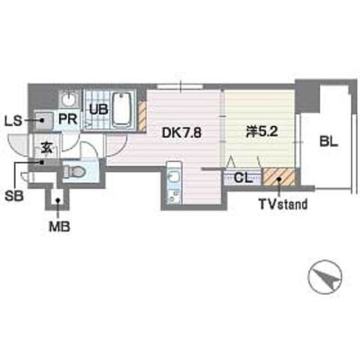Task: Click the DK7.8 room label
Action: coord(181,133)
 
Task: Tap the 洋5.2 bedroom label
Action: coord(262,131)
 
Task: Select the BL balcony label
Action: coord(328,142)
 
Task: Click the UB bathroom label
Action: coord(99,109)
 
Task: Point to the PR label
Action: coord(67,119)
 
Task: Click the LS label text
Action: coord(13,121)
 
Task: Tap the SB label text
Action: coord(14,196)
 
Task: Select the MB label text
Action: coord(59,226)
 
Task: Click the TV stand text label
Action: coord(283,204)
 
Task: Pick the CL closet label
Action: coord(243,178)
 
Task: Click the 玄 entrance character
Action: coord(47,148)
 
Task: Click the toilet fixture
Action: coord(74,172)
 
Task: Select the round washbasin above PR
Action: coord(68,100)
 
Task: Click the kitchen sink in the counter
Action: coord(173,178)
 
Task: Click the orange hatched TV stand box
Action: coord(279,176)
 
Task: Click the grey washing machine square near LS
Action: coord(44,121)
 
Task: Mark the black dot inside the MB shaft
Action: coord(58,200)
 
